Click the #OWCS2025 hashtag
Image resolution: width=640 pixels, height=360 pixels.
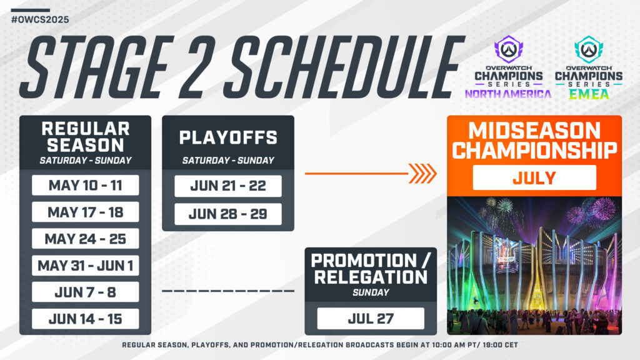(40, 19)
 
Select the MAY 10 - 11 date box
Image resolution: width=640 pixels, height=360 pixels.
(85, 186)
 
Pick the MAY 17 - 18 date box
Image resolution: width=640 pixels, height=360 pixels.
(85, 212)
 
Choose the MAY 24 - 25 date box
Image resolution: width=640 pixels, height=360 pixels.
(85, 239)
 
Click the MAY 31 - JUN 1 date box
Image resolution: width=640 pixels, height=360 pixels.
(85, 266)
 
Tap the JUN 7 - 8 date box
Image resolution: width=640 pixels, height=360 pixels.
(85, 292)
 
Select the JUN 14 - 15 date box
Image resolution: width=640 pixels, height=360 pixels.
(85, 319)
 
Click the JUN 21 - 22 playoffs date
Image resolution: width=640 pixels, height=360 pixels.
(227, 186)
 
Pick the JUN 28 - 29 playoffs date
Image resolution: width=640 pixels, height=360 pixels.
(227, 214)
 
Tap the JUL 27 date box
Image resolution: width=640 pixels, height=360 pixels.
(371, 319)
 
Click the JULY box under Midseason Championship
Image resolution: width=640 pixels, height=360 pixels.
(534, 177)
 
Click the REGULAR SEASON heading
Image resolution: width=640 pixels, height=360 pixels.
(85, 137)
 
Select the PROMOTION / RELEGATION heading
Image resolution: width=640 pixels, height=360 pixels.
(371, 269)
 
